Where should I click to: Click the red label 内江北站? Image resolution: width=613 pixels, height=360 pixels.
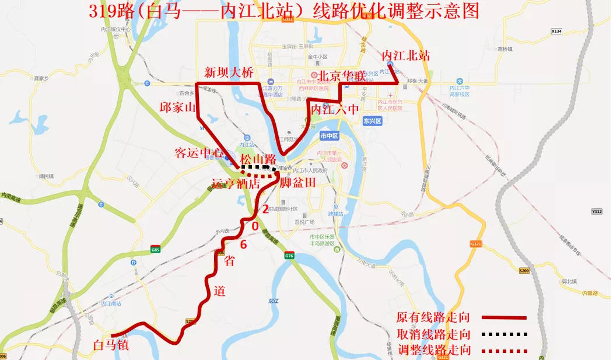(x=406, y=56)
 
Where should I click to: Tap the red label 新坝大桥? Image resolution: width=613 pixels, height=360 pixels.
(x=229, y=72)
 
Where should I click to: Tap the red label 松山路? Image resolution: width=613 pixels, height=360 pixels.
(x=258, y=159)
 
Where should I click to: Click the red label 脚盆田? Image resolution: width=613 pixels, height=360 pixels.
(x=297, y=183)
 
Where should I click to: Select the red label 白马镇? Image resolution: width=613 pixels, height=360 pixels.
(x=111, y=345)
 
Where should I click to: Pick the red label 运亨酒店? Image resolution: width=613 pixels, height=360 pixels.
(x=236, y=183)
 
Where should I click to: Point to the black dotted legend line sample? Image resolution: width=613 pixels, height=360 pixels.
(x=505, y=335)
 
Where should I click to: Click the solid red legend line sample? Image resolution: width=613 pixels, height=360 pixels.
(x=505, y=318)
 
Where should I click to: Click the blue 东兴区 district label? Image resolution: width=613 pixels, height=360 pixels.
(x=371, y=121)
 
